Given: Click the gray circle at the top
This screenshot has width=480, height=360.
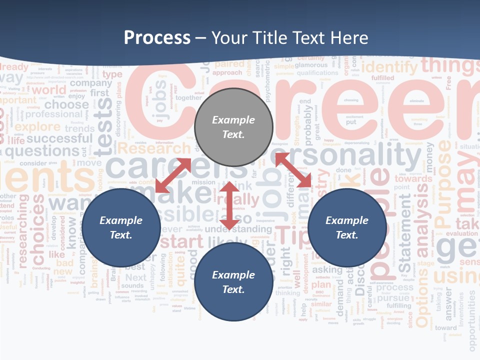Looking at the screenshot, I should coord(233,127).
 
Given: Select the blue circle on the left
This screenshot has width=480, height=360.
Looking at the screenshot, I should coord(120,227).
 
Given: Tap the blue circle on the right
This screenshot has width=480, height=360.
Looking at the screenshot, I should coord(347,227).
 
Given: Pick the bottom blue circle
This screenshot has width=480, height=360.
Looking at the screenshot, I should coord(233,282).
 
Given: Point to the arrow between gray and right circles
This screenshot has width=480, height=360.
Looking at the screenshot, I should coord(293,170).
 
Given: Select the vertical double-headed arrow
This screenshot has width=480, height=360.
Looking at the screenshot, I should coord(229,205).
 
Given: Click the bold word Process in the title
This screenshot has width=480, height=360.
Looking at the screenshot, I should coord(157,37).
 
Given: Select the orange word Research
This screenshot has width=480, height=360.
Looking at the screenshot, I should coord(154,148).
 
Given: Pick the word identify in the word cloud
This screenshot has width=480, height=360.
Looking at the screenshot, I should coord(389,66).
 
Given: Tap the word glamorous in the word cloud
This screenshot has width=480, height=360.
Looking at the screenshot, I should coord(311,64).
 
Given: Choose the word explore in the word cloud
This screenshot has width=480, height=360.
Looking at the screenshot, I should coord(37,127).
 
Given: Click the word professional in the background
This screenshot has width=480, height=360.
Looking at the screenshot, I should coord(53,114).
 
